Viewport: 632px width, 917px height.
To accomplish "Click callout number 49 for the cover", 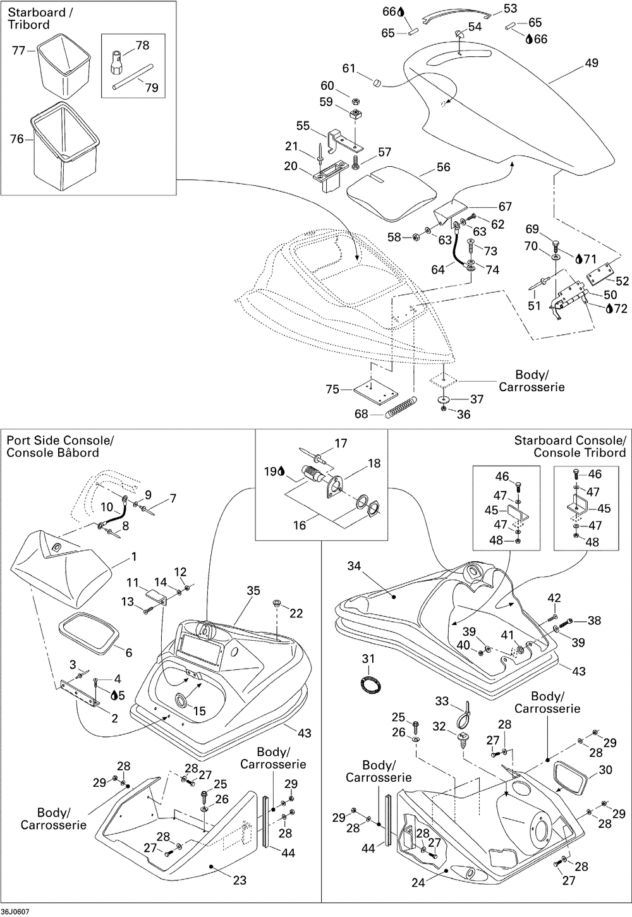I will [x=592, y=63].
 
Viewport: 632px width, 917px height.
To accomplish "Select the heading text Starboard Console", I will [x=569, y=440].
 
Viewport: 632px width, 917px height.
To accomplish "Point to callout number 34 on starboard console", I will [x=354, y=566].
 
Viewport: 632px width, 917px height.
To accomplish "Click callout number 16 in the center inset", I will [x=299, y=525].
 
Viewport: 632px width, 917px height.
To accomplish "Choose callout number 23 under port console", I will [x=240, y=880].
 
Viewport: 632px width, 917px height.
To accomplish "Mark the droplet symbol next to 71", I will [x=578, y=258].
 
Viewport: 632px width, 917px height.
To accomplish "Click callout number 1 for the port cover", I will [x=133, y=556].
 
